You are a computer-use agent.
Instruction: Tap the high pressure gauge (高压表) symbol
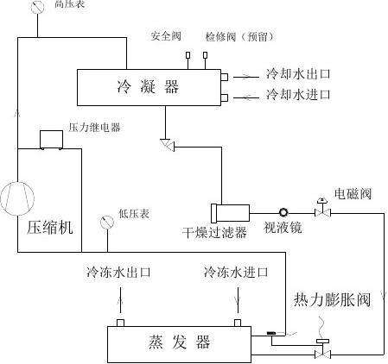pos(37,7)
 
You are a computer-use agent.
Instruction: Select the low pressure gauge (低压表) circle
pos(107,223)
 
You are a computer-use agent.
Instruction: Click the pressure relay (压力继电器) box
pos(51,140)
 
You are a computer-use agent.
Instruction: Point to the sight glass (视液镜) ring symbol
pos(283,212)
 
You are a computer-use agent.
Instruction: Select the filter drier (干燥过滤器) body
pos(230,213)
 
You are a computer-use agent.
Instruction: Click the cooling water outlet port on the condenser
pos(225,77)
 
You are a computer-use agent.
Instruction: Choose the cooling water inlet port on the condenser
pos(225,97)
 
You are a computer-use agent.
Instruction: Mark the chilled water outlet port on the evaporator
pos(120,323)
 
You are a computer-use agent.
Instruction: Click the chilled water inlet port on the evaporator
pos(238,323)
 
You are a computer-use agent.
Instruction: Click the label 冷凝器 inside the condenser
pos(148,86)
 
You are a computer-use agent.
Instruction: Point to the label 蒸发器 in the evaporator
pos(179,342)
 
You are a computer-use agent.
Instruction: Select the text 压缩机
pos(50,228)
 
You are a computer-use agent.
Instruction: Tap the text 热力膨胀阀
pos(332,300)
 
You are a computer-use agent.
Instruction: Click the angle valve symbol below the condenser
pos(168,145)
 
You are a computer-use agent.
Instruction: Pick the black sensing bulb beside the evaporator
pos(271,333)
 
